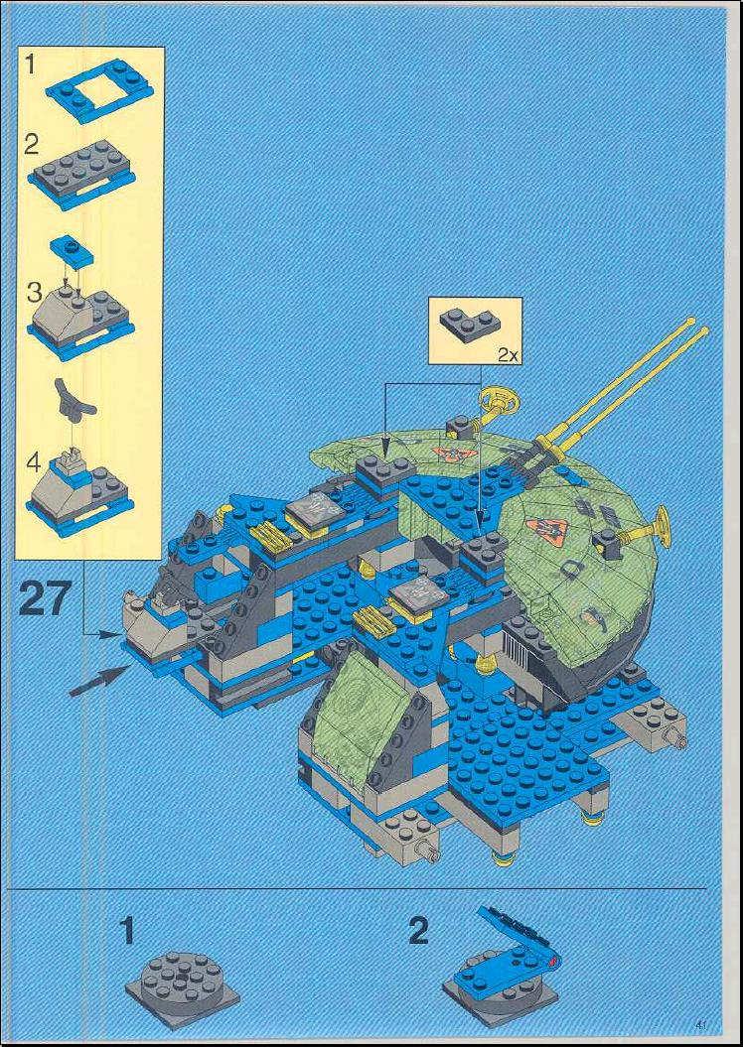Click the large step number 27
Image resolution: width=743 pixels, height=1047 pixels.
[45, 598]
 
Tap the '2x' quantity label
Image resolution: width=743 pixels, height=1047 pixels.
[508, 354]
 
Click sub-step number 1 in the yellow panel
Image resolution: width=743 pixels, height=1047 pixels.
[30, 65]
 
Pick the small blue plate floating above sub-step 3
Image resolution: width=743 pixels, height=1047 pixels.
[72, 250]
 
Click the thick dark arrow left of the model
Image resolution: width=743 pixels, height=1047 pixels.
[100, 681]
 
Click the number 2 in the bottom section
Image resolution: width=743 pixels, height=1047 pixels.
[419, 932]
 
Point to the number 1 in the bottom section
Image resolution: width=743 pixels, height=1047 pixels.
[127, 932]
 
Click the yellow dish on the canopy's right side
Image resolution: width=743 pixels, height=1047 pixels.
[661, 527]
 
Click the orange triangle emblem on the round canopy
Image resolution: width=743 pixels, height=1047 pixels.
[547, 531]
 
